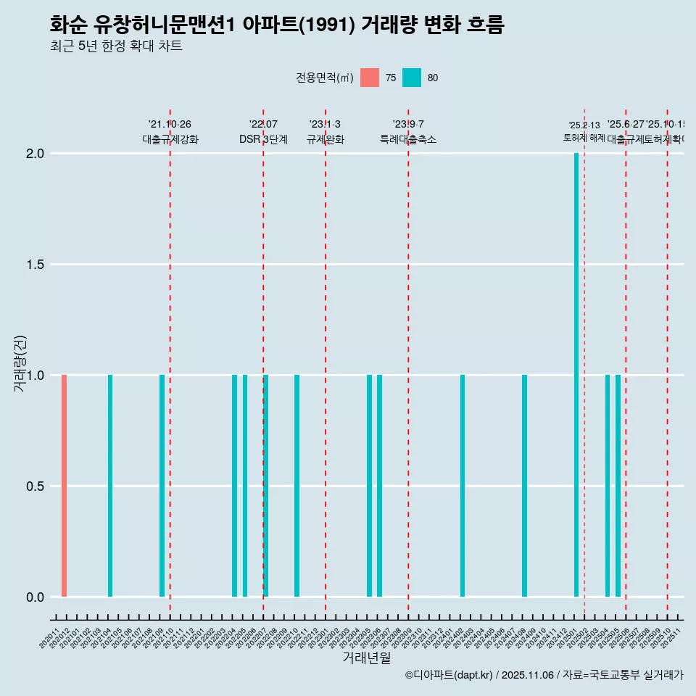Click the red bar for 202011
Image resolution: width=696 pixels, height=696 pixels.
click(64, 486)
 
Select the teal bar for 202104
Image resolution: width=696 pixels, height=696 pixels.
click(110, 486)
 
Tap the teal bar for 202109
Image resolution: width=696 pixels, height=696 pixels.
click(162, 486)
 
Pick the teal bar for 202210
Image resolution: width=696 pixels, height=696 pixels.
click(297, 486)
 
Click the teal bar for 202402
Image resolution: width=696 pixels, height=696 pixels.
click(463, 486)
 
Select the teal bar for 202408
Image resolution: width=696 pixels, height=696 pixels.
click(524, 486)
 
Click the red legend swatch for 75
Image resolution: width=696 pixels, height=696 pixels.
click(370, 78)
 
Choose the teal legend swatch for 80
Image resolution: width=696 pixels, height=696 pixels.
click(412, 78)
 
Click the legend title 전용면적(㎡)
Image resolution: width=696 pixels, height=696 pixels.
click(324, 78)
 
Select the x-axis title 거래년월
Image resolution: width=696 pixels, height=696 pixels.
click(366, 658)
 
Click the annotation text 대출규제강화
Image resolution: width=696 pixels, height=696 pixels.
click(170, 139)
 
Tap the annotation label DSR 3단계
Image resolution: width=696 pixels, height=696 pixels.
click(263, 139)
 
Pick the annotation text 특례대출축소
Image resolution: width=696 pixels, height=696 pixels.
click(408, 139)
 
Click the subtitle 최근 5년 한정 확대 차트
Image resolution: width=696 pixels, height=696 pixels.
click(116, 46)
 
